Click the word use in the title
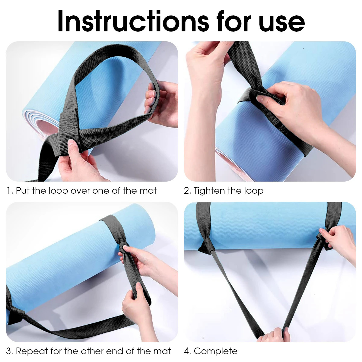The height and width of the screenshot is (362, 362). (x=281, y=22)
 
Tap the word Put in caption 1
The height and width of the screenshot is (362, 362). (x=23, y=191)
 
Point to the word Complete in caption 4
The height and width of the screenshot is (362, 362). (x=216, y=351)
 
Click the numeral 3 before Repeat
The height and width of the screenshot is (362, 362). (x=9, y=351)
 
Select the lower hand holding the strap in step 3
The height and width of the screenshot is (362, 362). (x=136, y=302)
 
